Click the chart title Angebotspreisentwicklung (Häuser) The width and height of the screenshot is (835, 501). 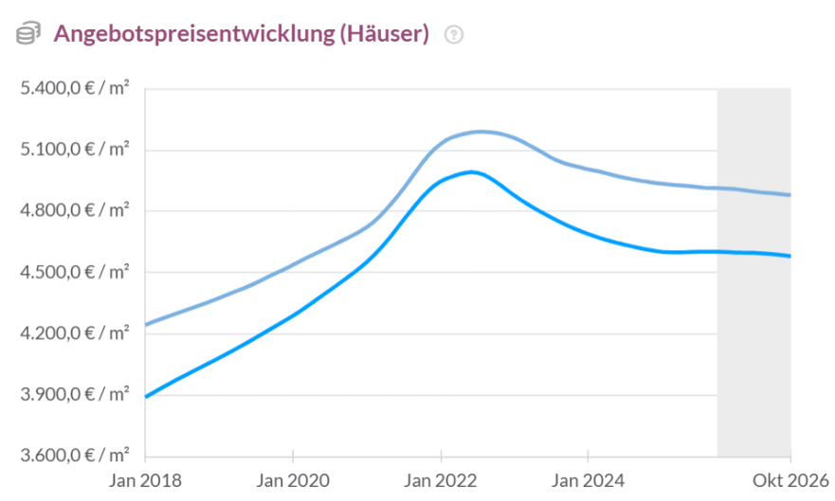(242, 34)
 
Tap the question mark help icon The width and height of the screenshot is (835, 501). (454, 35)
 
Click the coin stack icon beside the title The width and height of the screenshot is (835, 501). (28, 33)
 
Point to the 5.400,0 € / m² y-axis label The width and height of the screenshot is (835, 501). (75, 88)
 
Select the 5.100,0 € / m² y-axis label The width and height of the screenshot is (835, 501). (75, 149)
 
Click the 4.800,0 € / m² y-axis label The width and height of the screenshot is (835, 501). (75, 210)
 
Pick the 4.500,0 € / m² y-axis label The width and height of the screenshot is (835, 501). (75, 272)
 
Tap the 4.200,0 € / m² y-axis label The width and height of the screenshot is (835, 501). (75, 333)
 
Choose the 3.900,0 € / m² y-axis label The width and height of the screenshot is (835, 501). (75, 394)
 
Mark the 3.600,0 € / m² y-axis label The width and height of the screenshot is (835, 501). (75, 456)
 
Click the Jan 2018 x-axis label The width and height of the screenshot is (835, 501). (145, 481)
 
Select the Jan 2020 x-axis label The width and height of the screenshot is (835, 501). (293, 481)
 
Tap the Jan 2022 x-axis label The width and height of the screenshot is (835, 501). (441, 481)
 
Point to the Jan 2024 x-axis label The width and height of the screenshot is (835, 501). (588, 481)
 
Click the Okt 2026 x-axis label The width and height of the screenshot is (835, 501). (790, 481)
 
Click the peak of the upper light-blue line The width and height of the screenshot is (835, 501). (481, 132)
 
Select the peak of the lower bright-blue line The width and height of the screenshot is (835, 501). (471, 171)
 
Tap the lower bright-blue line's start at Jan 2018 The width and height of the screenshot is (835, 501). (146, 397)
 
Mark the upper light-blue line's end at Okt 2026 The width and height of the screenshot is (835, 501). (790, 195)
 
